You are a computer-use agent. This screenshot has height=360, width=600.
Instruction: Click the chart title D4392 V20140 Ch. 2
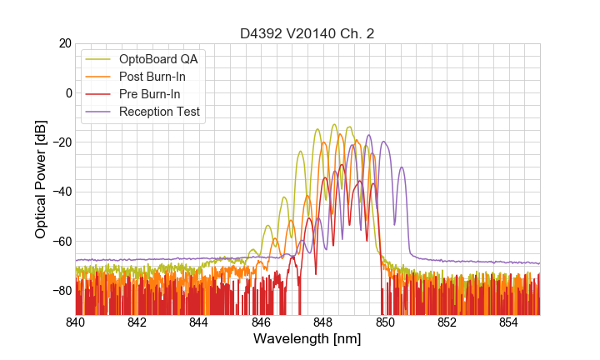click(307, 34)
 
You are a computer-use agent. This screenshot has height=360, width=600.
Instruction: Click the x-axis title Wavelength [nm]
click(307, 339)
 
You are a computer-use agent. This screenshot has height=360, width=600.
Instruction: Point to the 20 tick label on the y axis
click(64, 43)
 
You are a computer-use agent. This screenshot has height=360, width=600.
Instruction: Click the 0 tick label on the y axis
click(67, 92)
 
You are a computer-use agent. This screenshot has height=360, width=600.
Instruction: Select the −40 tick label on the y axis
click(60, 192)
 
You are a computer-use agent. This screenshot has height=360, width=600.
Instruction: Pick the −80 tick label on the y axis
click(60, 291)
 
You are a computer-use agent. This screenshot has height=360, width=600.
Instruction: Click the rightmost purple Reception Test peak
click(402, 167)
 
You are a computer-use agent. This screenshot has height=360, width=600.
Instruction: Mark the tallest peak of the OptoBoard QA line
click(334, 125)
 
